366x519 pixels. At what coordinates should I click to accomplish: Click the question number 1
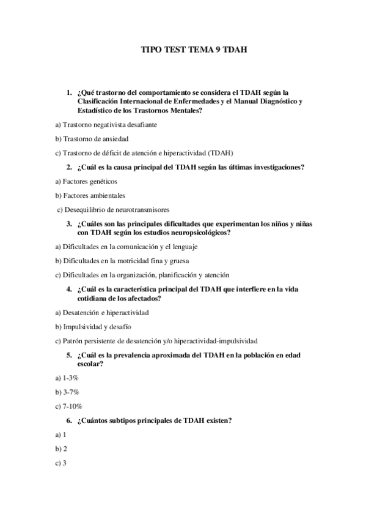(69, 92)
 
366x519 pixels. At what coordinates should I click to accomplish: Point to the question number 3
(69, 224)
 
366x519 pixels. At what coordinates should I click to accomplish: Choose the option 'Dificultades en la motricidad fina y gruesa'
(122, 261)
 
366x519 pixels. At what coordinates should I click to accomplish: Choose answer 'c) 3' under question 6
(60, 463)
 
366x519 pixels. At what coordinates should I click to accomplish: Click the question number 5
(69, 355)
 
